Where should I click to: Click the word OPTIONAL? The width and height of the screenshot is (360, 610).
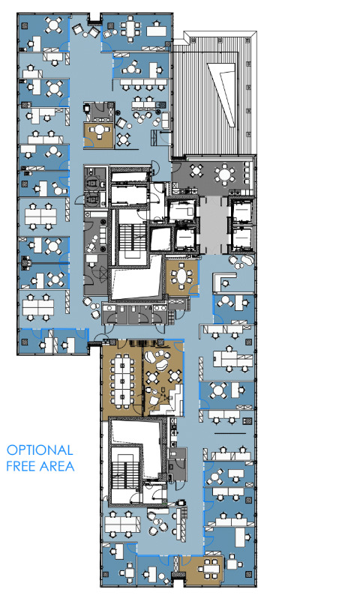click(x=40, y=450)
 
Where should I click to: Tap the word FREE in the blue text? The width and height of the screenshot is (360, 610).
click(x=22, y=466)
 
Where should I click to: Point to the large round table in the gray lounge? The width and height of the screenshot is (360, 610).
click(x=225, y=174)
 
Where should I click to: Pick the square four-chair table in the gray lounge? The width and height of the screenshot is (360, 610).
click(x=197, y=171)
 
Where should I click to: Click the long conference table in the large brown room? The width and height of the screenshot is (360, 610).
click(x=122, y=380)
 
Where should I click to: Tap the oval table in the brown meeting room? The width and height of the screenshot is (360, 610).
click(x=181, y=277)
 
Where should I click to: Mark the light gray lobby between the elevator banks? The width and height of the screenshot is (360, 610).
click(x=214, y=225)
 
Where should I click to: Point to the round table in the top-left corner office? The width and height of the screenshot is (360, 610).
click(x=53, y=25)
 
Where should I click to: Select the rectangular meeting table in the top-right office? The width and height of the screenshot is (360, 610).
click(x=129, y=28)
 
